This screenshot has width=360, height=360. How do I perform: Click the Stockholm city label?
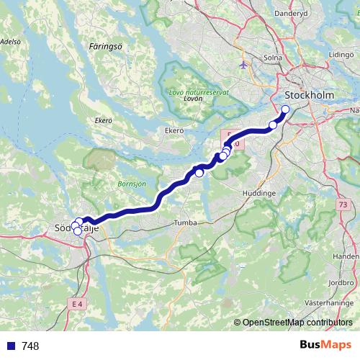click(x=308, y=96)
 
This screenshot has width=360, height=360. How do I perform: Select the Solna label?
click(x=273, y=57)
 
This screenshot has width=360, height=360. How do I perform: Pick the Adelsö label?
click(x=10, y=42)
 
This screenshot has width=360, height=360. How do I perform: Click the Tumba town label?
click(x=185, y=223)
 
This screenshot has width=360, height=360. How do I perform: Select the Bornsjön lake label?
click(x=132, y=184)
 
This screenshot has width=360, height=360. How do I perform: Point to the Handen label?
click(x=347, y=256)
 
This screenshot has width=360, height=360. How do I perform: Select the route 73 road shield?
click(x=341, y=206)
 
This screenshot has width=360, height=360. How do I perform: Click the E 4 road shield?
click(x=78, y=305)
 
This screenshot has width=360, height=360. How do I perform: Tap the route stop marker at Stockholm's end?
click(x=285, y=109)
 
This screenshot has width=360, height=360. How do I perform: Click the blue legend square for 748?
click(x=12, y=346)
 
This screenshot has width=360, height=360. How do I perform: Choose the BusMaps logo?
click(x=325, y=346)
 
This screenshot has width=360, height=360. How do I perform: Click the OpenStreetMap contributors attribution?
click(x=297, y=323)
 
